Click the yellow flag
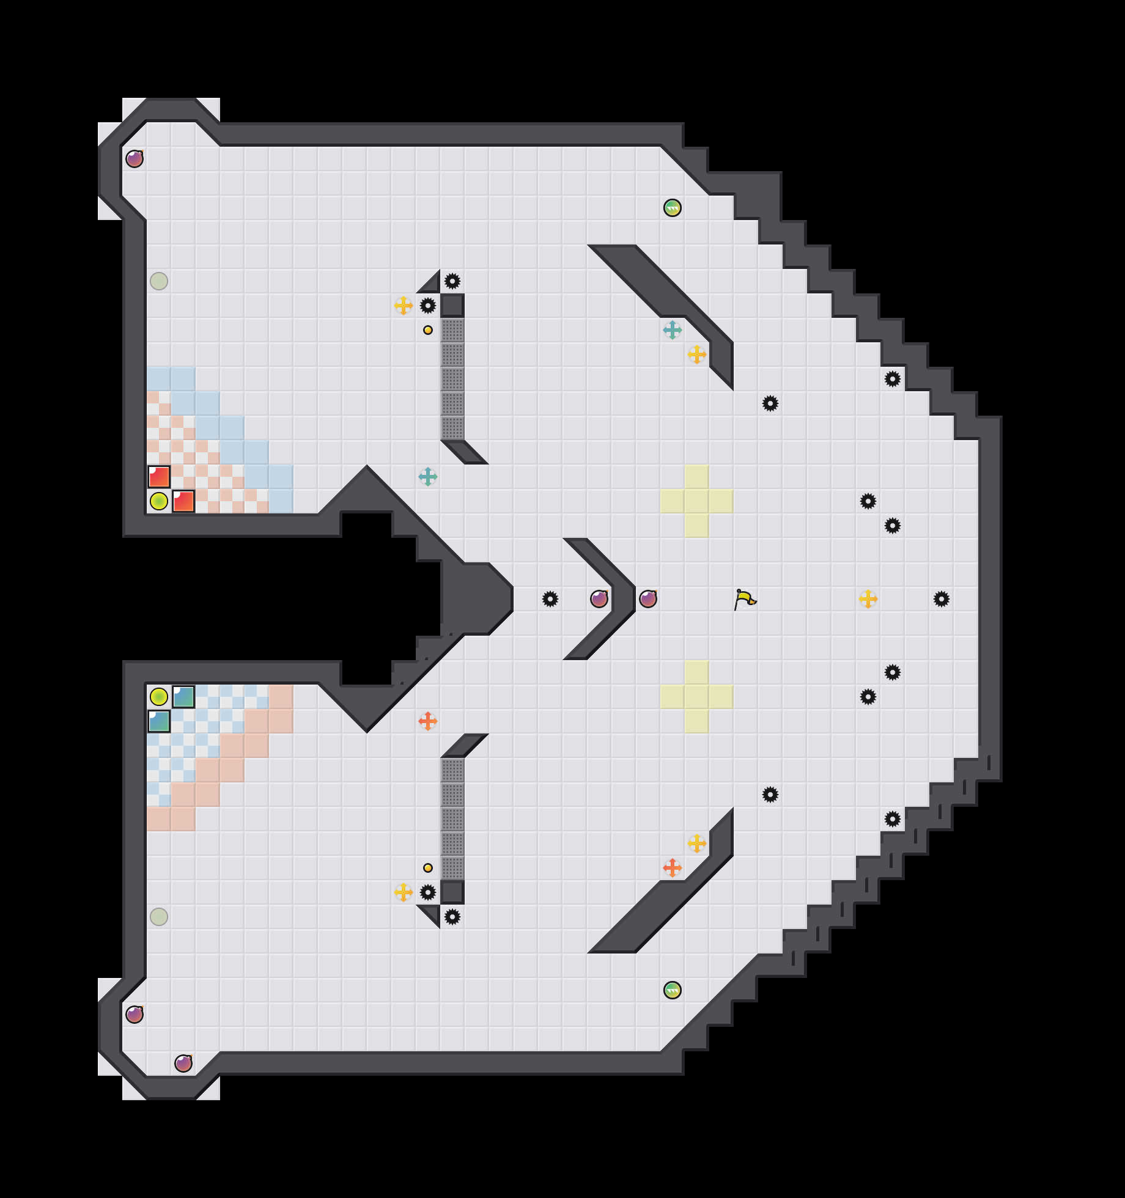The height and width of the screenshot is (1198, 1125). click(745, 599)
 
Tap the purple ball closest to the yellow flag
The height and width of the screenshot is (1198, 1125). click(648, 599)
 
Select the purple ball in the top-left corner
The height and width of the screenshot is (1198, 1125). click(135, 159)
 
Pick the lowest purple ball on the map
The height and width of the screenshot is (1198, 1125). click(183, 1064)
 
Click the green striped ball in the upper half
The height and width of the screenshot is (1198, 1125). click(673, 208)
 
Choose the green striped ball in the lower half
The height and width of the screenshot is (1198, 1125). click(673, 990)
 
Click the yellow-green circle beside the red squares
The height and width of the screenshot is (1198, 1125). click(159, 501)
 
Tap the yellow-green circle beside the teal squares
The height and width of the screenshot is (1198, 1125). click(159, 697)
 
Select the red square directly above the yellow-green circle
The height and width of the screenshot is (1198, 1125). click(159, 477)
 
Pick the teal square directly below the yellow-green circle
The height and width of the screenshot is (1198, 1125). click(159, 721)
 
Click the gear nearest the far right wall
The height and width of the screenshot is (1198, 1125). click(942, 599)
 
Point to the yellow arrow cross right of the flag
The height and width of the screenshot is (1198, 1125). click(868, 599)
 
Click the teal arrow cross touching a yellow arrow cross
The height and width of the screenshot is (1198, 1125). click(673, 330)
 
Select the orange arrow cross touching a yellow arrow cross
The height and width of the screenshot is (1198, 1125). click(673, 868)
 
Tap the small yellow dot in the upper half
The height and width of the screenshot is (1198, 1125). click(428, 330)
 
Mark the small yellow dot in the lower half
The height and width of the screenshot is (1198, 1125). click(428, 868)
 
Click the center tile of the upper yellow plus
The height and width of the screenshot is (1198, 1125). click(697, 501)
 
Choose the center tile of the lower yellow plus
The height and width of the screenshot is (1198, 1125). click(697, 697)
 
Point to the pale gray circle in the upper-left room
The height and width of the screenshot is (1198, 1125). click(159, 281)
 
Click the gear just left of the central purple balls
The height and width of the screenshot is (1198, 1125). click(550, 599)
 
